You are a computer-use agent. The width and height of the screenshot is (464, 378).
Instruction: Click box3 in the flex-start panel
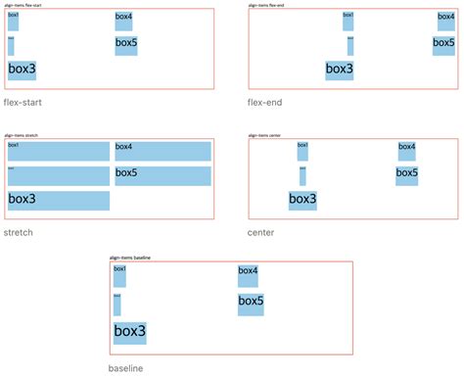(x=23, y=70)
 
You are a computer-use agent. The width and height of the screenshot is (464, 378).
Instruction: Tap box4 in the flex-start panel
(x=124, y=21)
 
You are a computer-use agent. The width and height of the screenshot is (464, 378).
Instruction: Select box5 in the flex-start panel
(x=126, y=45)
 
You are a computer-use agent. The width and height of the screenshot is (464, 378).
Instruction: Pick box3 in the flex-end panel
(x=340, y=70)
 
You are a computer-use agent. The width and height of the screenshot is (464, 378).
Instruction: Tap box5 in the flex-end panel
(x=443, y=45)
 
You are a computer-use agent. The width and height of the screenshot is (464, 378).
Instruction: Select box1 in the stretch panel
(x=59, y=151)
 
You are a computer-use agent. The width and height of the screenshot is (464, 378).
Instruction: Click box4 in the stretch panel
(x=162, y=151)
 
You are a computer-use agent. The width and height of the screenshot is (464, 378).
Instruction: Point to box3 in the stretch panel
(x=59, y=200)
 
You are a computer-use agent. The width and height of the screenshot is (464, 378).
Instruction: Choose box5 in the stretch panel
(x=162, y=175)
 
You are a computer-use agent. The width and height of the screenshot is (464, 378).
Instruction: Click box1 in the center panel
(x=302, y=151)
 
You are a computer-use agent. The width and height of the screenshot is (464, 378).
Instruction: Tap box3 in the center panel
(x=302, y=200)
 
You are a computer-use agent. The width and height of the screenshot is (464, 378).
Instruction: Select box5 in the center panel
(x=407, y=175)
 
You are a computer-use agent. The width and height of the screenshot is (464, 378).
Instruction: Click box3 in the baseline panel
(x=129, y=332)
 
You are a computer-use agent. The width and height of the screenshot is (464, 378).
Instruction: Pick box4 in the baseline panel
(x=248, y=275)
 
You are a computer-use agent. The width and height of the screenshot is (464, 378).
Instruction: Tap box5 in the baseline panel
(x=251, y=304)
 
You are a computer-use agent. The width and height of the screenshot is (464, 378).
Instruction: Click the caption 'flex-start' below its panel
(x=23, y=103)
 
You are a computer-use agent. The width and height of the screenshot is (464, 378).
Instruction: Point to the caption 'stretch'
(x=19, y=233)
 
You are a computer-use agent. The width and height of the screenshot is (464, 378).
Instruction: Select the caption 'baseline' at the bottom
(x=125, y=368)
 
